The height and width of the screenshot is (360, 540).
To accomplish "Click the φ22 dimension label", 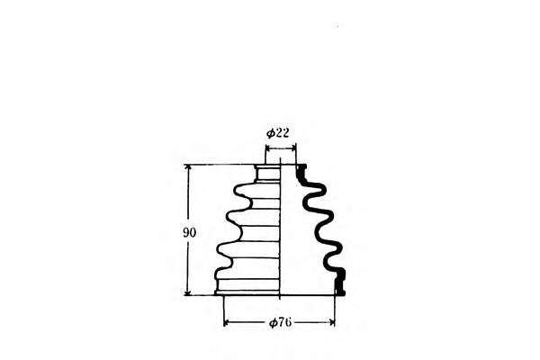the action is pyautogui.click(x=277, y=133).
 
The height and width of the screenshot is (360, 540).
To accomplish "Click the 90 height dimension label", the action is pyautogui.click(x=189, y=233).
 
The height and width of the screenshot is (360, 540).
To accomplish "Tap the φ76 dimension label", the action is pyautogui.click(x=280, y=323).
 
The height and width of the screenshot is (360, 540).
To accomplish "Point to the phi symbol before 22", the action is pyautogui.click(x=271, y=133).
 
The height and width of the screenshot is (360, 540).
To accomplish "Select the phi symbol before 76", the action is pyautogui.click(x=274, y=323).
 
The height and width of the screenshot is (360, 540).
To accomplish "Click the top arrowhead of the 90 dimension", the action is pyautogui.click(x=188, y=167).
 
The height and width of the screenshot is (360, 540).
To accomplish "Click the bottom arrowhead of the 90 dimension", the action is pyautogui.click(x=188, y=292).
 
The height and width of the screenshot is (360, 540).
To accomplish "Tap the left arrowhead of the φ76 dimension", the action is pyautogui.click(x=227, y=323).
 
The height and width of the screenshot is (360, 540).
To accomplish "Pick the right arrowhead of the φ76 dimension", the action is pyautogui.click(x=331, y=323).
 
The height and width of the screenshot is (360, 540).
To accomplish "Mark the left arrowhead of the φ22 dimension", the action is pyautogui.click(x=268, y=148).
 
